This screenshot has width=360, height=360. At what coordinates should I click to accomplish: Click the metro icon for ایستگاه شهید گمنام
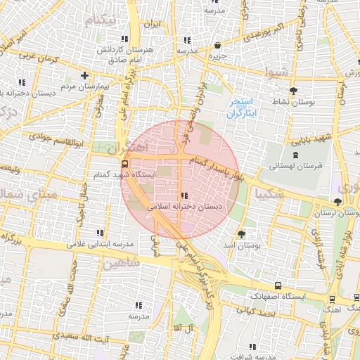pyautogui.click(x=125, y=165)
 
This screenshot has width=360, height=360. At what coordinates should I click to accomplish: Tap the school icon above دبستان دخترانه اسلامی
pyautogui.click(x=184, y=196)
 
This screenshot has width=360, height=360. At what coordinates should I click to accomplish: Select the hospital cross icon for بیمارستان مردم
pyautogui.click(x=84, y=75)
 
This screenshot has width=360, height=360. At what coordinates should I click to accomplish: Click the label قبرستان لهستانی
pyautogui.click(x=295, y=167)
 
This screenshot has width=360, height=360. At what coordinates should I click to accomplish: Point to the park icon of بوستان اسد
pyautogui.click(x=243, y=234)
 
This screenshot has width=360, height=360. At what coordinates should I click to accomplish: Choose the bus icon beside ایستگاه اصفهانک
pyautogui.click(x=278, y=286)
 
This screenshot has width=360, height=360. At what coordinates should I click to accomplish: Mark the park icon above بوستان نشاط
pyautogui.click(x=293, y=91)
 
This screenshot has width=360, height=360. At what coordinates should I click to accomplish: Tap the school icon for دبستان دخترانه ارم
pyautogui.click(x=22, y=82)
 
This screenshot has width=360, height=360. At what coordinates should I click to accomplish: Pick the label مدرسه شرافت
pyautogui.click(x=252, y=356)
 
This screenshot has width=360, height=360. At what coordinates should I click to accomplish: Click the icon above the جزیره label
pyautogui.click(x=217, y=46)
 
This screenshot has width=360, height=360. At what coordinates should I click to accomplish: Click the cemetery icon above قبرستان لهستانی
pyautogui.click(x=295, y=155)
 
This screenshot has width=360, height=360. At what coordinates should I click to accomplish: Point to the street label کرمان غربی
pyautogui.click(x=36, y=53)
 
